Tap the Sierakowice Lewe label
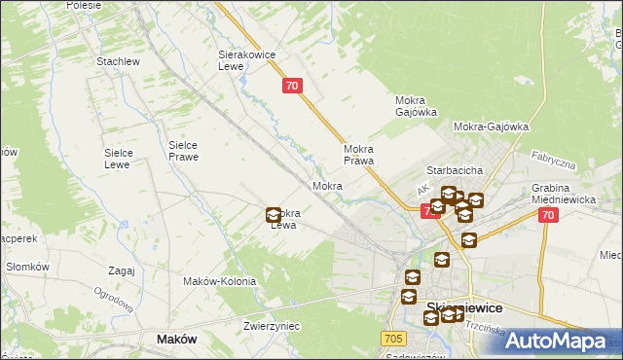pos(243,62)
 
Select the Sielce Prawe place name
pos(183,150)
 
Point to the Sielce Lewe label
pos(125,159)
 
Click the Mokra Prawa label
pos(359,155)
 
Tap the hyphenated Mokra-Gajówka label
pos(491,126)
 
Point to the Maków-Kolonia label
pos(220,281)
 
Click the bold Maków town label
pos(176,340)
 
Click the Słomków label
pos(27,267)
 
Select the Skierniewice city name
pos(464,307)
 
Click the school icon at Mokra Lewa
pos(274,216)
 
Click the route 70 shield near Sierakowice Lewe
pos(293,86)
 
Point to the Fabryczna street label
pos(554,161)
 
